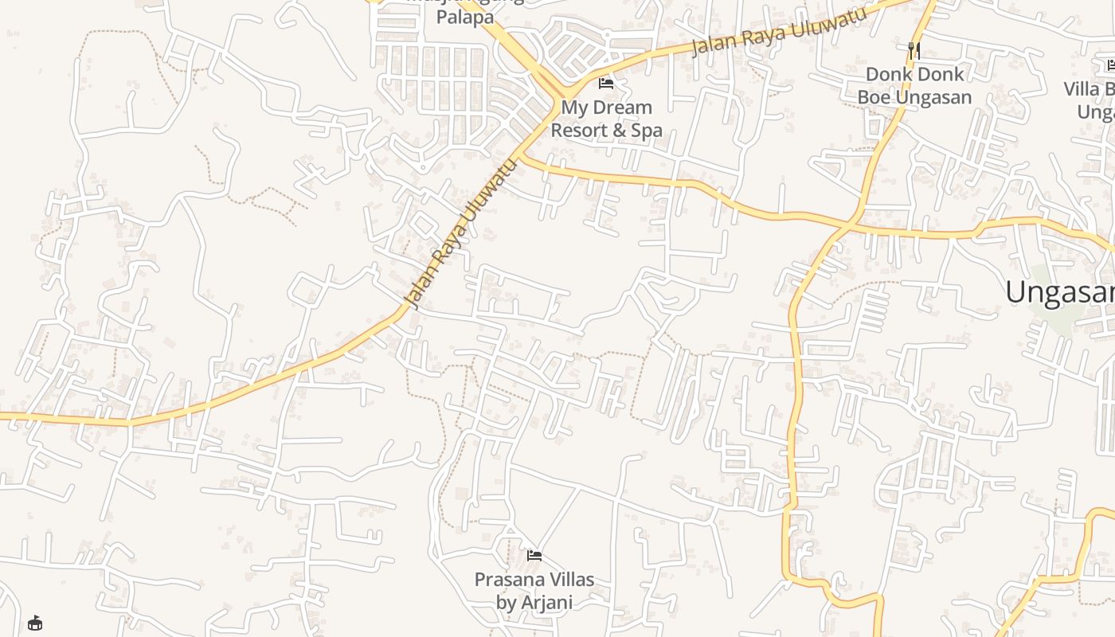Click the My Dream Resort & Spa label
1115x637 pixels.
click(606, 119)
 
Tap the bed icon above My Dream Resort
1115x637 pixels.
click(606, 83)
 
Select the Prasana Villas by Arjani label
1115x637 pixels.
click(534, 591)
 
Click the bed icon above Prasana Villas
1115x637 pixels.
click(534, 555)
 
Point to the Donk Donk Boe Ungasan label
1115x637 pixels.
click(914, 86)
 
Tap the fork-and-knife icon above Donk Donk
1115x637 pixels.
click(914, 50)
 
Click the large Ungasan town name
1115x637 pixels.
click(1059, 292)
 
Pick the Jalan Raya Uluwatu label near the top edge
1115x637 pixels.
click(778, 32)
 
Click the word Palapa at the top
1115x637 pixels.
click(465, 17)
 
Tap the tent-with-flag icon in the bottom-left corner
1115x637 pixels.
click(35, 623)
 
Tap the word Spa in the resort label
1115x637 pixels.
click(646, 130)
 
